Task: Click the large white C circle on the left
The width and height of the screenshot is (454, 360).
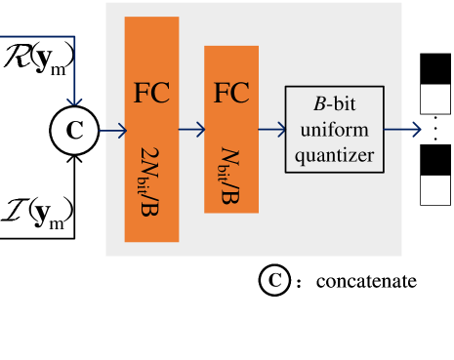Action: (x=74, y=131)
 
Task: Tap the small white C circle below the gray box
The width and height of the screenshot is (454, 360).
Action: (x=275, y=281)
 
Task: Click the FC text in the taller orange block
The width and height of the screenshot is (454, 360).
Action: (x=151, y=94)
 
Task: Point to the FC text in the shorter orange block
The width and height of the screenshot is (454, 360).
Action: (x=231, y=94)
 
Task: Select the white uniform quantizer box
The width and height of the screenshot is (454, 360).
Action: (x=334, y=129)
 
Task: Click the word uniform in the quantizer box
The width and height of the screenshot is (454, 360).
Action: (x=334, y=129)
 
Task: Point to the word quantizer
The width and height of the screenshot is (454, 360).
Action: (x=334, y=154)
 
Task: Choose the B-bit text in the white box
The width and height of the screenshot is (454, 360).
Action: (x=334, y=104)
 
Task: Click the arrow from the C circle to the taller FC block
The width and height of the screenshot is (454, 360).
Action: (x=112, y=131)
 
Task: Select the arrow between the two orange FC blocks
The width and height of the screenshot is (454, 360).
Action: (x=192, y=130)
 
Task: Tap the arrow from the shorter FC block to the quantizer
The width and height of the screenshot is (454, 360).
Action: (x=272, y=129)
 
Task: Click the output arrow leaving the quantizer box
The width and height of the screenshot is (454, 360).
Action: (x=403, y=129)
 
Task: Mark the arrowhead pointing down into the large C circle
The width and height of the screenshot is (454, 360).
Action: (x=74, y=100)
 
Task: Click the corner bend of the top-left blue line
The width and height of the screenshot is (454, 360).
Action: (x=74, y=37)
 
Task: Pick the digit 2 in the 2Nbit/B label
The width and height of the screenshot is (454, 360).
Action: (x=150, y=156)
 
